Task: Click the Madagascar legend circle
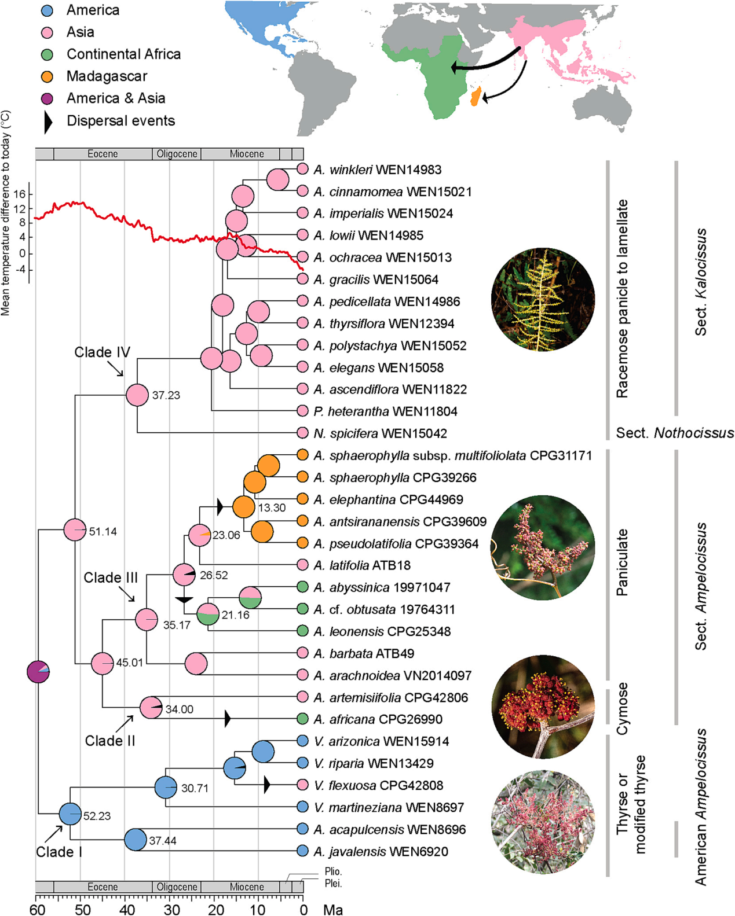[47, 76]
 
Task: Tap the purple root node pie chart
[38, 672]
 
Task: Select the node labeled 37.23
[137, 395]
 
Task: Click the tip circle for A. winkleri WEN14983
[302, 169]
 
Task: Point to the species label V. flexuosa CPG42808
[379, 785]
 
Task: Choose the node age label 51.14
[103, 531]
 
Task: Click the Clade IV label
[102, 352]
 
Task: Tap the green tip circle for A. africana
[302, 719]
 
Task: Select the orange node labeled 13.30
[244, 507]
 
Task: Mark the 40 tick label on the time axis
[126, 910]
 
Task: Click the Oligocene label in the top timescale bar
[177, 154]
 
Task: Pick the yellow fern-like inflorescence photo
[543, 300]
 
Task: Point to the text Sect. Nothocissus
[674, 433]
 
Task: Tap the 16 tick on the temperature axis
[20, 194]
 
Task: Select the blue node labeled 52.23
[71, 814]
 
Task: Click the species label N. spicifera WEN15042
[380, 433]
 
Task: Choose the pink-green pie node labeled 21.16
[208, 614]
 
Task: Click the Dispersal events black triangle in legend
[48, 121]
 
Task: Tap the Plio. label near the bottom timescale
[333, 871]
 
